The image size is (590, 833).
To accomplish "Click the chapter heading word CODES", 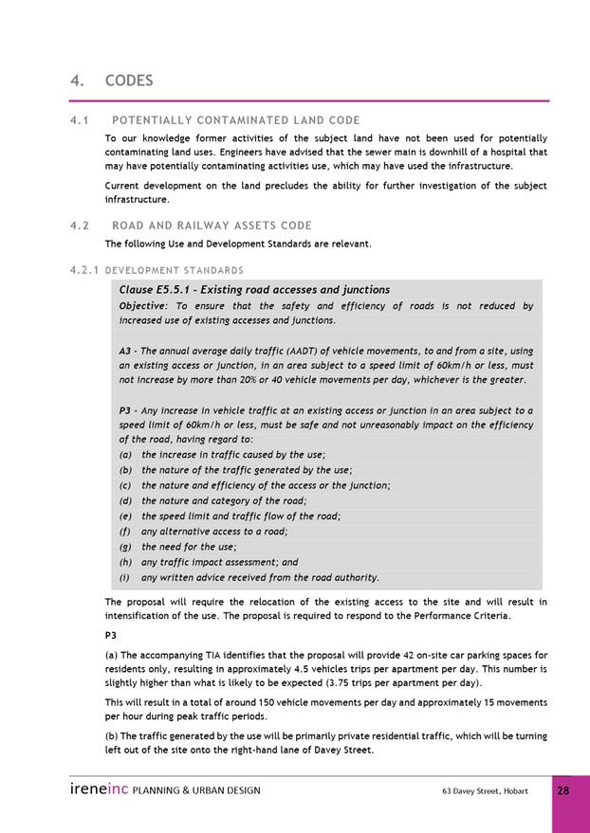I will point(129,81).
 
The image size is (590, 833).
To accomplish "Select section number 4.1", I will point(79,120).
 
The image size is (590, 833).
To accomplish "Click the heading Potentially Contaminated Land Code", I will point(235,120).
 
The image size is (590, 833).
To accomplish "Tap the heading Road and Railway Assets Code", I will point(212,226).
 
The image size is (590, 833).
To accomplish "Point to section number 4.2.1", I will point(83,271).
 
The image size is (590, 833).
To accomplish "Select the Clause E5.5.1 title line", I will point(254,289).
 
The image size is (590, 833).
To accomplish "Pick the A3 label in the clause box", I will point(126,351).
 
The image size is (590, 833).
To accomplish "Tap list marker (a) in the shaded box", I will point(125,455).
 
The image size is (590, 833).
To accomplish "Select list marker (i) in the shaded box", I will point(124,577).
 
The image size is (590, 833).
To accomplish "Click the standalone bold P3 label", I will point(111,636).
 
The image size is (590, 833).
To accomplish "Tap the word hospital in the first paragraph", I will point(507,152).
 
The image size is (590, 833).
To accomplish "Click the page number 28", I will point(562,789).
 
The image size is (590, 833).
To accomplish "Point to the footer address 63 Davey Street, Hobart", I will point(485,790).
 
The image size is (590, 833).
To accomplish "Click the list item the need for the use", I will point(189,547).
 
